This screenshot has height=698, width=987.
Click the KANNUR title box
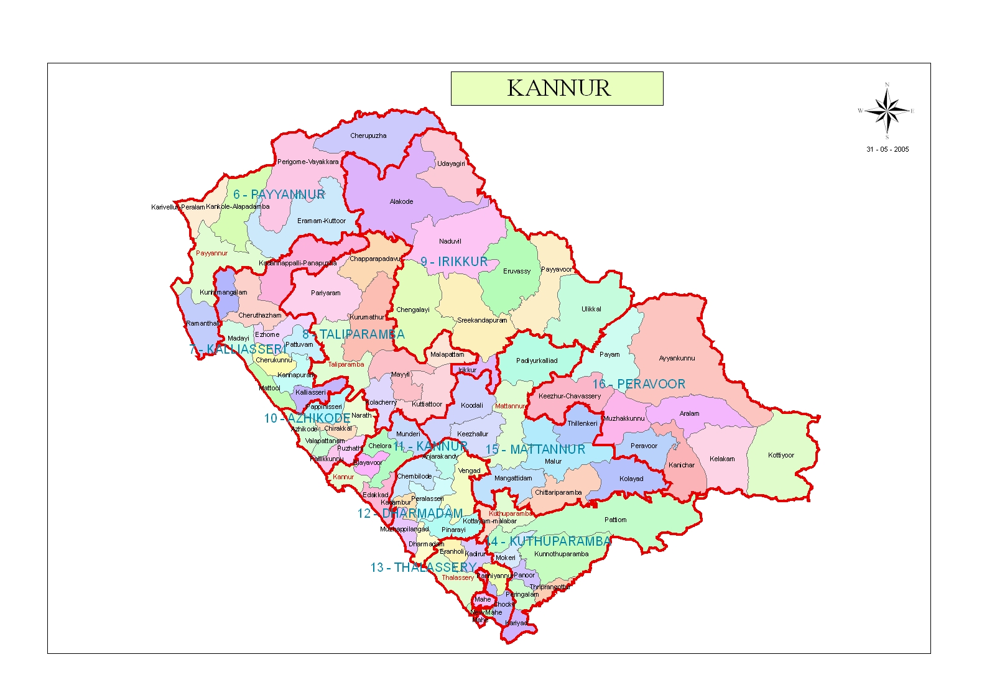(557, 88)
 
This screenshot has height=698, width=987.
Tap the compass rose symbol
(887, 111)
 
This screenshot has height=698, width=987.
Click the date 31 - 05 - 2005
(887, 149)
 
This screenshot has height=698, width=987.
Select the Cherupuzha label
(368, 135)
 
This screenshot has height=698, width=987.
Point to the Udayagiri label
(451, 164)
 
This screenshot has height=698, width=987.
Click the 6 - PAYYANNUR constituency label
(279, 195)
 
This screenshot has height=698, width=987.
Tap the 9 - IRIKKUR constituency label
(454, 262)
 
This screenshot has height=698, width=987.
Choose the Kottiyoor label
(781, 455)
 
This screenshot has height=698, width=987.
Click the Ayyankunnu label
(677, 358)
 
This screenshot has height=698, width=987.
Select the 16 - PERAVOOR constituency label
(639, 384)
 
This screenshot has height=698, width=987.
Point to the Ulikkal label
(591, 309)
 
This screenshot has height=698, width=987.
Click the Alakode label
(401, 201)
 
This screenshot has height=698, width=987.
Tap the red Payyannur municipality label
(211, 253)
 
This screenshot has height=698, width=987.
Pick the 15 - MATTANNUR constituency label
(535, 449)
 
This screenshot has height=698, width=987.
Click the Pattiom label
(615, 520)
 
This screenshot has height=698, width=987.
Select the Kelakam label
(721, 459)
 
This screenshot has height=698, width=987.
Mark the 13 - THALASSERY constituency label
(424, 567)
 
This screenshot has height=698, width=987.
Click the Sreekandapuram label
(482, 321)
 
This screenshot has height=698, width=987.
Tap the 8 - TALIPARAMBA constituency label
(353, 334)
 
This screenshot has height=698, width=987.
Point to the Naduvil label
(450, 241)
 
